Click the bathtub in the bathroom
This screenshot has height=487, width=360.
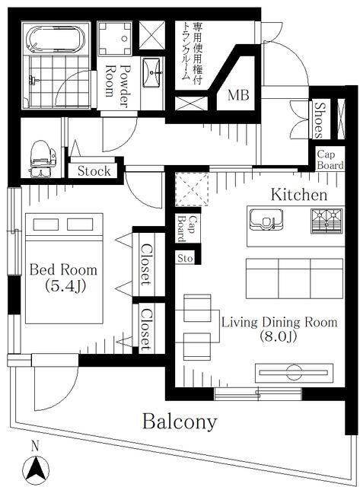pyautogui.click(x=56, y=39)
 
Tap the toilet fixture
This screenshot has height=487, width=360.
pyautogui.click(x=42, y=159)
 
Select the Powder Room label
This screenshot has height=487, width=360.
pyautogui.click(x=118, y=85)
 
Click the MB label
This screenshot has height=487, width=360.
pyautogui.click(x=238, y=95)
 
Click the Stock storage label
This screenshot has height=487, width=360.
pyautogui.click(x=94, y=171)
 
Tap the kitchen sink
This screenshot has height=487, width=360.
pyautogui.click(x=266, y=220)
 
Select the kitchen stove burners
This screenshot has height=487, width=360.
pyautogui.click(x=327, y=221)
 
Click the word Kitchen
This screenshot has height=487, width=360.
pyautogui.click(x=299, y=195)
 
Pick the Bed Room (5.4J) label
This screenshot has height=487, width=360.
pyautogui.click(x=63, y=277)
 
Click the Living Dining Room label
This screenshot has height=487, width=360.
pyautogui.click(x=279, y=329)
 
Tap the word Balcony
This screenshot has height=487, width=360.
pyautogui.click(x=180, y=422)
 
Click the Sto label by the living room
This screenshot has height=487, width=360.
pyautogui.click(x=185, y=259)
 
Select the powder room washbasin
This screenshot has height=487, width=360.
pyautogui.click(x=152, y=73)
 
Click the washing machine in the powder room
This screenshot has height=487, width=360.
pyautogui.click(x=115, y=39)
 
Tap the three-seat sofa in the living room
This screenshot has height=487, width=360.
pyautogui.click(x=295, y=279)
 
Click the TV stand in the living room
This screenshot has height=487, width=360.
pyautogui.click(x=294, y=373)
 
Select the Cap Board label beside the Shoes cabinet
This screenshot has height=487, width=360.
pyautogui.click(x=330, y=160)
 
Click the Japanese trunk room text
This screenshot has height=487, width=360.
pyautogui.click(x=193, y=53)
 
